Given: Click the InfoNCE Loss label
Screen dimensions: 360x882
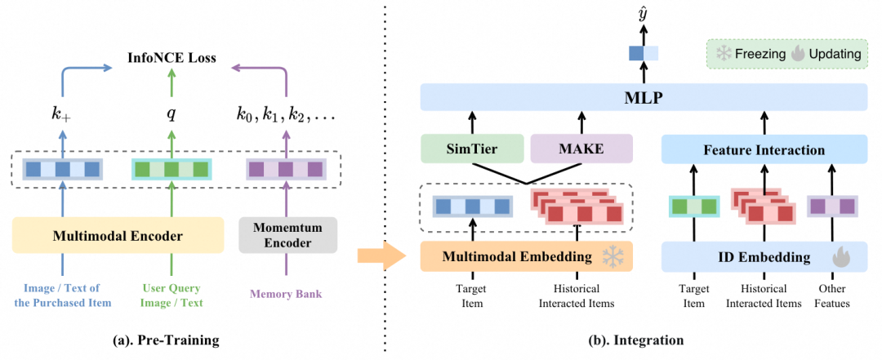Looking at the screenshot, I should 171,58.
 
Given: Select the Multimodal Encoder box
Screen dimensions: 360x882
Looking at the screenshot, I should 118,237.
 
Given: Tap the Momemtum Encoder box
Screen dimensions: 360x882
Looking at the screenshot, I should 287,237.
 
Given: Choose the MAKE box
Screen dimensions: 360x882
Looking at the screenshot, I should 581,150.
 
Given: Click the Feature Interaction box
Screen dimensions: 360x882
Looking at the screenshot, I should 764,150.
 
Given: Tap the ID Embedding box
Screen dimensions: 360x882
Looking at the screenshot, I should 764,257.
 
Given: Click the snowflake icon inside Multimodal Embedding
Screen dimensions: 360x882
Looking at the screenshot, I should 612,257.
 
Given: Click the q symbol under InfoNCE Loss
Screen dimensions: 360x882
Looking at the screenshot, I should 171,114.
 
